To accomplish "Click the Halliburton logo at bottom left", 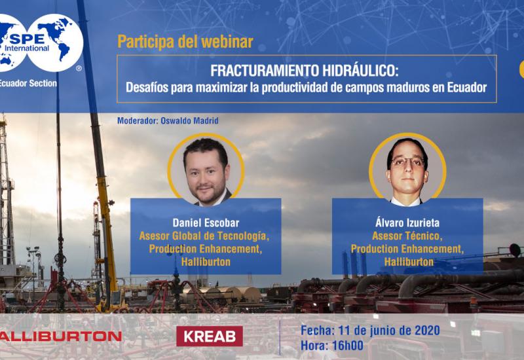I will (60, 336).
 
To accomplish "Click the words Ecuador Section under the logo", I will (28, 83).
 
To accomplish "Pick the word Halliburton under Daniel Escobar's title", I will (206, 262).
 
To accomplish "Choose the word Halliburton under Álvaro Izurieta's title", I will (407, 262).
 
